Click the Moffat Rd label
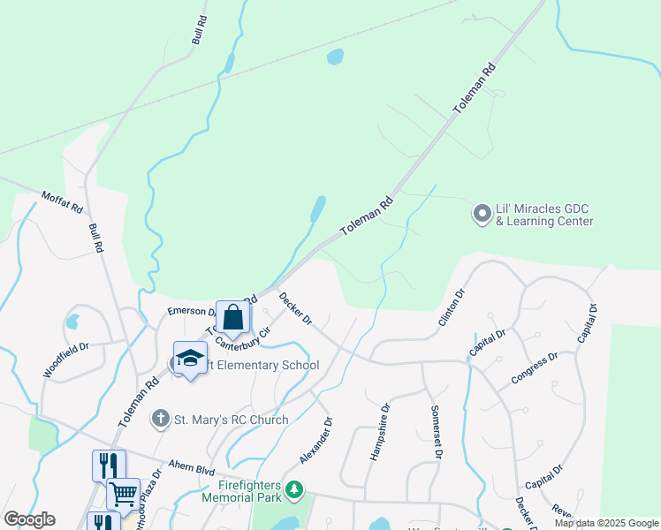tap(62, 202)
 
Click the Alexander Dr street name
tap(315, 441)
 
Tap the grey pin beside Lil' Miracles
tap(482, 214)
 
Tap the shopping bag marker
tap(232, 319)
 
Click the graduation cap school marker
tap(189, 359)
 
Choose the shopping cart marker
tap(123, 494)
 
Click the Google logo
tap(29, 519)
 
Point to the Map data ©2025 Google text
tap(606, 523)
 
